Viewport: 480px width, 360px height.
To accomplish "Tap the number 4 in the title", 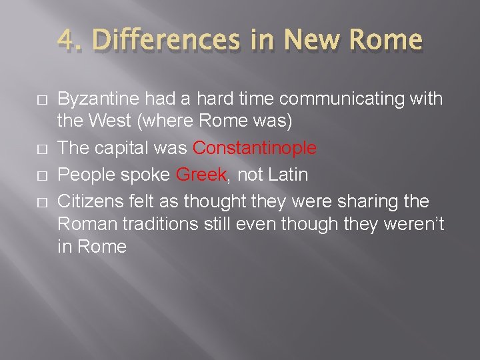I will click(x=65, y=40).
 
